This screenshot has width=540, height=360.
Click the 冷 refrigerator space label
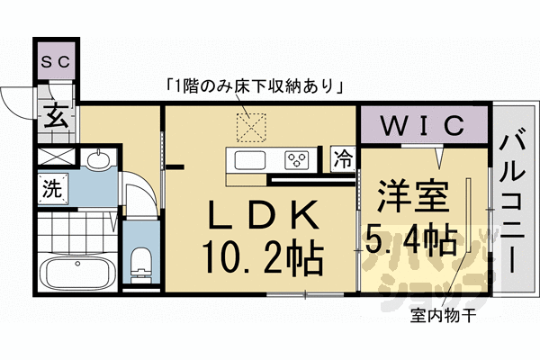343,160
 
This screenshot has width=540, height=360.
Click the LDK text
264,216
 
